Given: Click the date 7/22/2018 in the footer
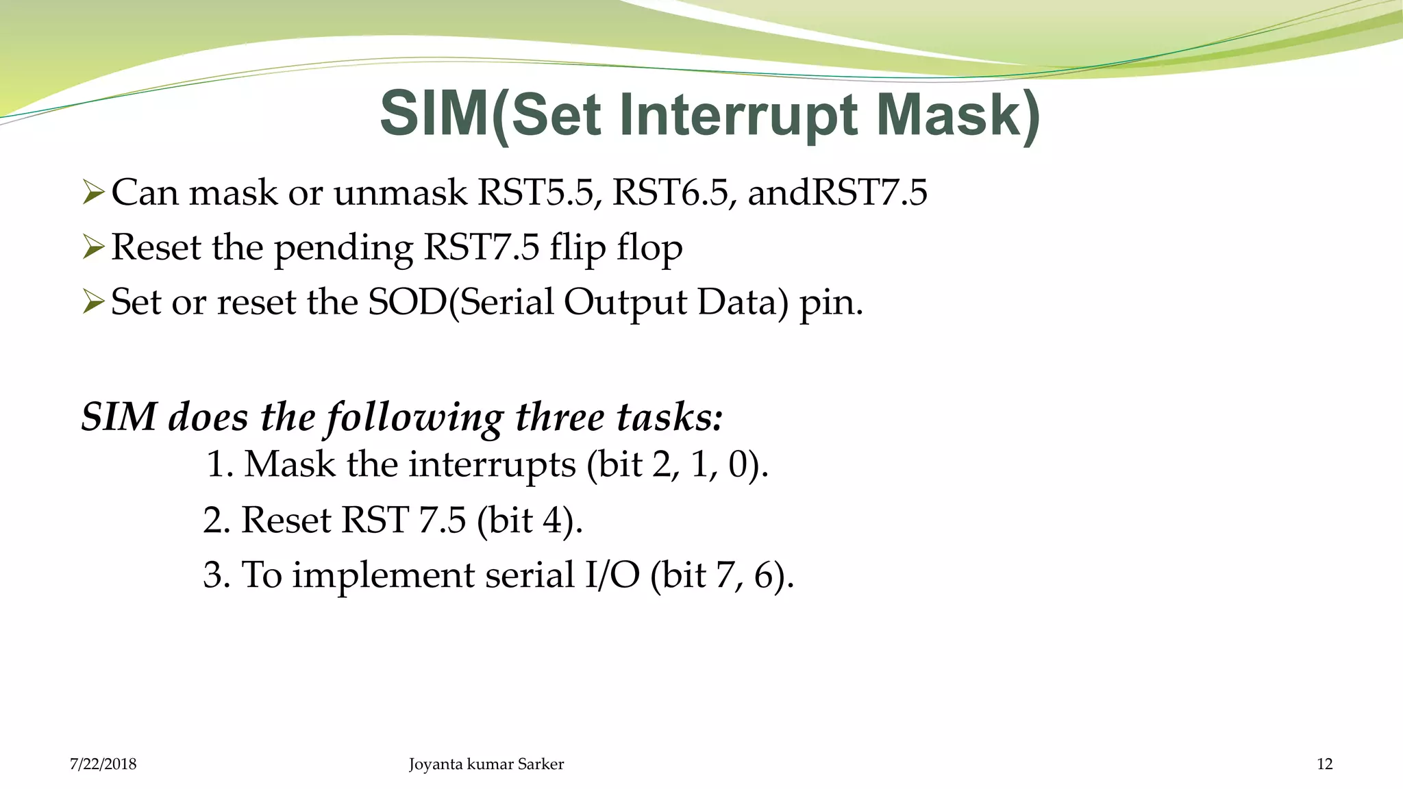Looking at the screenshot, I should (x=103, y=764).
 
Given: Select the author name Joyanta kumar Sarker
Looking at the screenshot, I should (x=486, y=764).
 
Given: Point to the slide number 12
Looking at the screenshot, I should (x=1324, y=764).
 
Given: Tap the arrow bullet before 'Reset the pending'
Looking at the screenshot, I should (x=92, y=247).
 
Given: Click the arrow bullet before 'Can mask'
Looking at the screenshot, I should (x=92, y=192).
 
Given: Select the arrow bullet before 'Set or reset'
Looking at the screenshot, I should (x=92, y=301).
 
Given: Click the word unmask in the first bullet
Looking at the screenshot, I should (x=400, y=192).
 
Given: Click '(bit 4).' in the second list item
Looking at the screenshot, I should (x=530, y=521).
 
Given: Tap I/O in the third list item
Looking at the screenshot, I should (x=612, y=575).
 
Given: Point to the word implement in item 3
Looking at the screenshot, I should (x=383, y=576).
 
